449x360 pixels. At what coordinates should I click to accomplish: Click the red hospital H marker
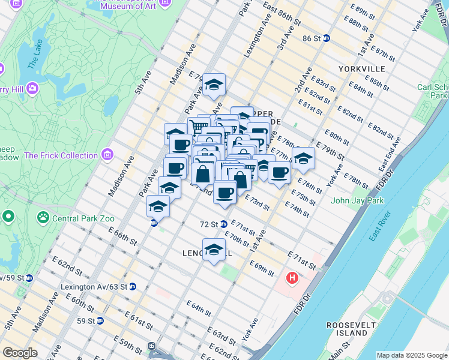coord(292,278)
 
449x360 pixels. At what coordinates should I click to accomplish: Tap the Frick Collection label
coord(61,155)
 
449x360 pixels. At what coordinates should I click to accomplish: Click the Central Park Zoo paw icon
coord(43,217)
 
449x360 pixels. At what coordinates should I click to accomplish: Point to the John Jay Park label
coord(357,200)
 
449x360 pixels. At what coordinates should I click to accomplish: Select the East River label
coord(381,227)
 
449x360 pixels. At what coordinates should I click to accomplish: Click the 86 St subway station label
coord(312,38)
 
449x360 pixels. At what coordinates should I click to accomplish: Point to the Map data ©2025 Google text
coord(411,355)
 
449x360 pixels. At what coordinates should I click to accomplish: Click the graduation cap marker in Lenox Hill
coord(213,250)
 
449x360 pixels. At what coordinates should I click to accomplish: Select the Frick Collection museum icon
coord(107,155)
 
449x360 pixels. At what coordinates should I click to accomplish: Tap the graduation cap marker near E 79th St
coord(213,85)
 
